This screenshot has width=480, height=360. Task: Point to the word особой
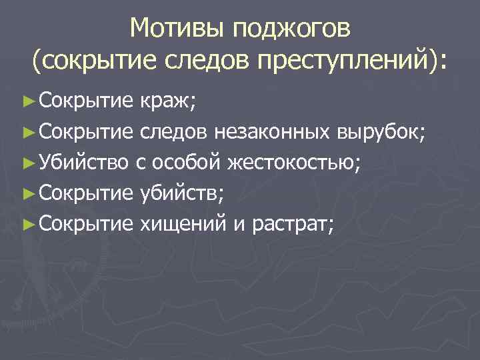pos(189,162)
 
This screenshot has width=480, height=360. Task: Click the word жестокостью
pos(293,162)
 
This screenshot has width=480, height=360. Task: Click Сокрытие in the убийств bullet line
pos(87,193)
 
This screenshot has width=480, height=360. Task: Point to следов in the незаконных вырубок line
pos(175,131)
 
